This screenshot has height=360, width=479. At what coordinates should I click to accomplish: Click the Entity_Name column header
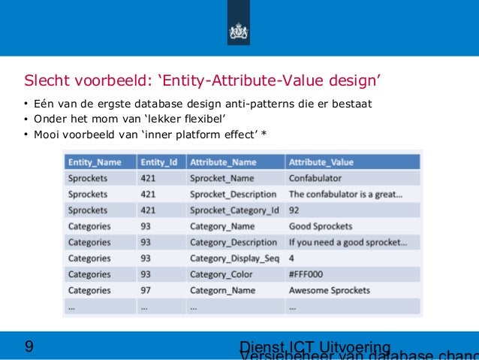(95, 162)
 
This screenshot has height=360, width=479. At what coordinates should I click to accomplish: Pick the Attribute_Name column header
(224, 162)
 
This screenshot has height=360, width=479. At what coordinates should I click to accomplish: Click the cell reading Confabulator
(315, 179)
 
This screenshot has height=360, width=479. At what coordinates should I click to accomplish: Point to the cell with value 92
(294, 210)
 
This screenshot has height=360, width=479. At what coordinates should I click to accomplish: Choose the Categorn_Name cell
(223, 290)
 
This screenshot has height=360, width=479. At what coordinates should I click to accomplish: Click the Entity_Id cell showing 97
(147, 290)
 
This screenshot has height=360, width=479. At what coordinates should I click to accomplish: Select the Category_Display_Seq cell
(235, 259)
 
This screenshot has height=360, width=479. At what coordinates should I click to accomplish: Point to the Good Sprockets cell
(320, 226)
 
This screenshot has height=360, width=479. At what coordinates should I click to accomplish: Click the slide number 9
(29, 346)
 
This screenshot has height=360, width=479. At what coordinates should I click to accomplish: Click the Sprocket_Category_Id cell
(234, 210)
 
